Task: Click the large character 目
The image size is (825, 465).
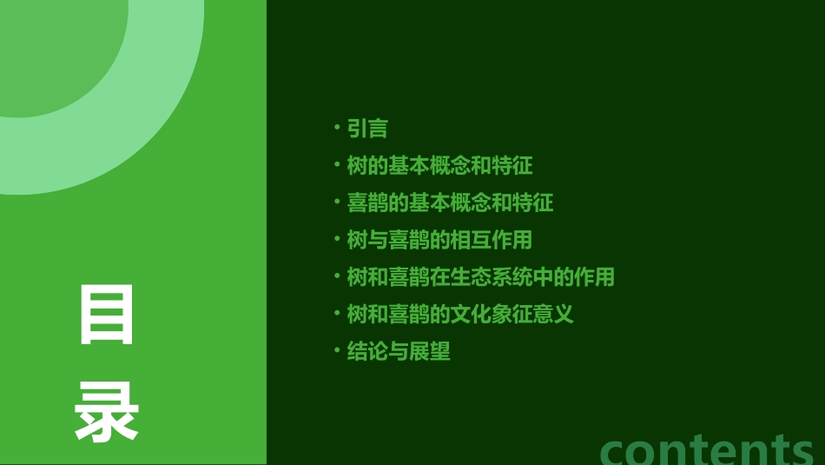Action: [107, 314]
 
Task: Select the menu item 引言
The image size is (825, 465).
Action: [367, 129]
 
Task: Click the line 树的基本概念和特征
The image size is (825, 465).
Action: [439, 165]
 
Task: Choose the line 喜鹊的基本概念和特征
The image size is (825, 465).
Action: [450, 203]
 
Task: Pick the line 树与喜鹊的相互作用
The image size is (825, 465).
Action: [439, 240]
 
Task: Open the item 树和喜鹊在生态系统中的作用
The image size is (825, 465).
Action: [480, 277]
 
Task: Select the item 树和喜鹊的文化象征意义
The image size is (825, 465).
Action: [460, 314]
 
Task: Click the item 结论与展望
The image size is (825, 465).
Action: [399, 351]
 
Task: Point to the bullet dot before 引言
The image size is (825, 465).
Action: [337, 129]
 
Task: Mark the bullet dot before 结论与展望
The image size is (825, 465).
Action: [337, 351]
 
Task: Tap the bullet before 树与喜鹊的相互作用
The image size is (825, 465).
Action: [337, 239]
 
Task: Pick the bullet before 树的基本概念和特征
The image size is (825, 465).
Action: [337, 165]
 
